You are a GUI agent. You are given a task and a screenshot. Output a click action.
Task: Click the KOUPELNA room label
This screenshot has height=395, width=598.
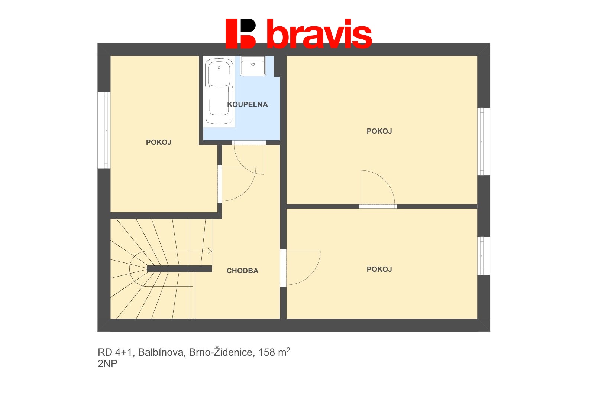[247, 105]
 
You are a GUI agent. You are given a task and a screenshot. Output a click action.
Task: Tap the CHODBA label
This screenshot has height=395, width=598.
[242, 271]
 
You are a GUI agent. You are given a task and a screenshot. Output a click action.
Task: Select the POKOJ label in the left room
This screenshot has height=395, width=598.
[159, 143]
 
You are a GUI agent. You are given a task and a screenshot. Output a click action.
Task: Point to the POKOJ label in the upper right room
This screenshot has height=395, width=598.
[379, 131]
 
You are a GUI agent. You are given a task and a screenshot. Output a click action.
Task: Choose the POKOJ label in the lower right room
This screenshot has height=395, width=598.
[379, 270]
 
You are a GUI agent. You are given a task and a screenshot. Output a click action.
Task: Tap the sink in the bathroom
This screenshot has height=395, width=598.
[253, 66]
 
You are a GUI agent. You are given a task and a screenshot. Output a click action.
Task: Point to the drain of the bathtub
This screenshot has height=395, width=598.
[219, 68]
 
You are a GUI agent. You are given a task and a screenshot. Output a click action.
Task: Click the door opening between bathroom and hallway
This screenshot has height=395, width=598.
[249, 143]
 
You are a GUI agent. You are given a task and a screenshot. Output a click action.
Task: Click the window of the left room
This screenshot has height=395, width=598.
[104, 130]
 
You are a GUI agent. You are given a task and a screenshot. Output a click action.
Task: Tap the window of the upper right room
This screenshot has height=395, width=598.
[484, 141]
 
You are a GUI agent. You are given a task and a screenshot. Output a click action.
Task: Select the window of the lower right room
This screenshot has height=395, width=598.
[484, 256]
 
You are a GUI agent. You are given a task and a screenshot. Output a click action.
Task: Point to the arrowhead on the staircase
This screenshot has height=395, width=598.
[210, 251]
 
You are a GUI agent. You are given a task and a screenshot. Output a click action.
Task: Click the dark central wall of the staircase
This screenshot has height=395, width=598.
[180, 269]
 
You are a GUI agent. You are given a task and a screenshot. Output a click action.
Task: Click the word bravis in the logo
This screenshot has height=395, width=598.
[319, 34]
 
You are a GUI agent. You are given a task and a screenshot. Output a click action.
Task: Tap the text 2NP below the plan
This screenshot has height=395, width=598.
[107, 364]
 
